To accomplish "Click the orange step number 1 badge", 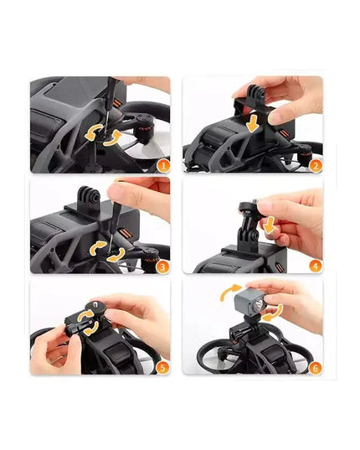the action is tap(163, 166).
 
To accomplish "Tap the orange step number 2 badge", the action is tap(316, 166).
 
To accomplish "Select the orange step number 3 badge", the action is tap(162, 267).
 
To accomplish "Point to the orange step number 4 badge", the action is tap(316, 266).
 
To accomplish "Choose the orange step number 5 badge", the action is tap(162, 367).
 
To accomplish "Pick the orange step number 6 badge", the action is tap(315, 368).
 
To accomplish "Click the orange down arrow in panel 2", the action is tap(253, 123).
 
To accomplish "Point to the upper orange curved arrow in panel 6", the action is tap(229, 291).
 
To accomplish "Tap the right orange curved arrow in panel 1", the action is tap(114, 137).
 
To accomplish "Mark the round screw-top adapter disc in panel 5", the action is tap(95, 307).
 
